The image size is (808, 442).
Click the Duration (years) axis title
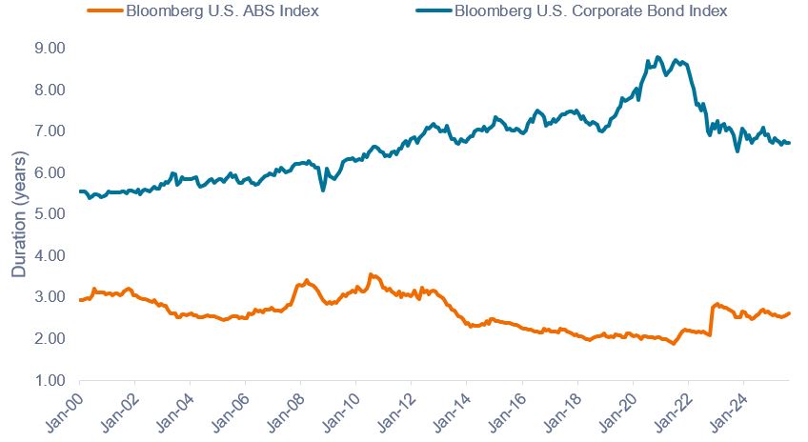[x=18, y=214]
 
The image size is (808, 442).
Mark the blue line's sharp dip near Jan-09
[x=323, y=190]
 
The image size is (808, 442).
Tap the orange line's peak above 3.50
[x=371, y=274]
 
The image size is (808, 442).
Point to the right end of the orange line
[x=790, y=313]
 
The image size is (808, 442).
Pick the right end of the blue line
[x=790, y=143]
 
